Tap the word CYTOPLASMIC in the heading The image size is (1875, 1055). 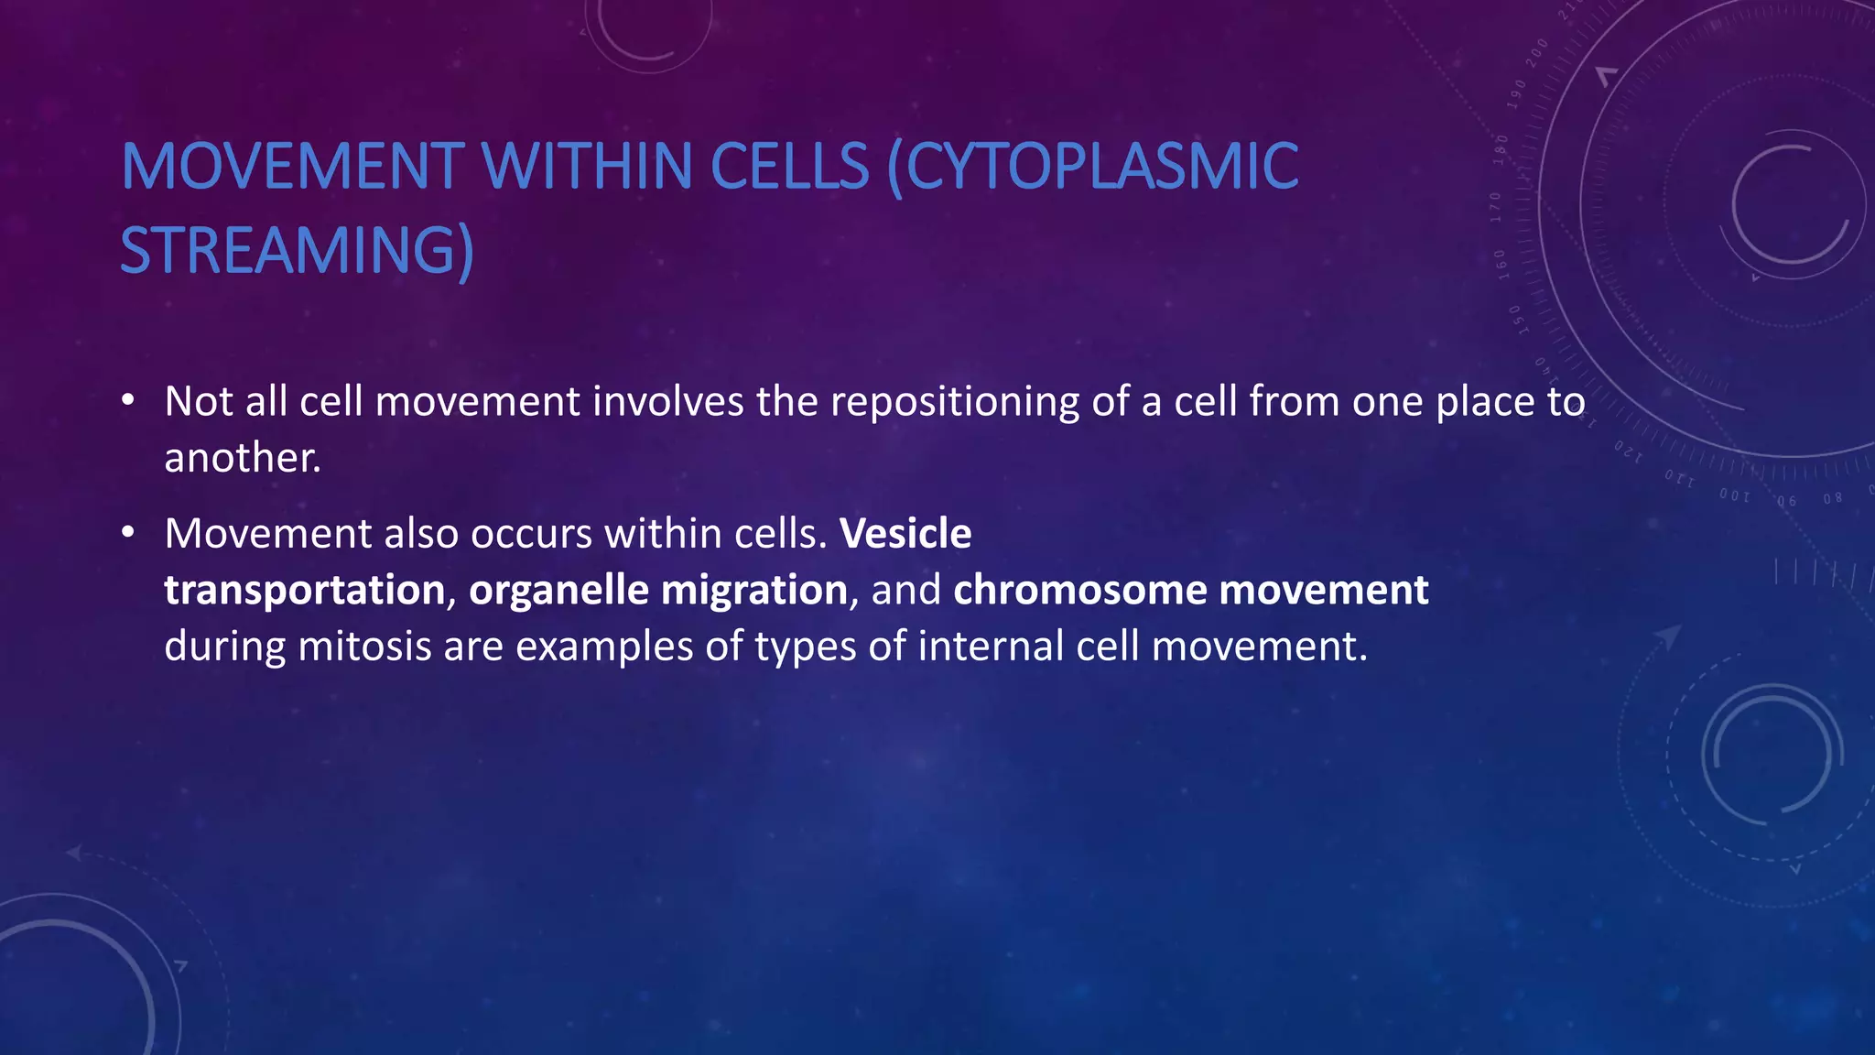pyautogui.click(x=1093, y=167)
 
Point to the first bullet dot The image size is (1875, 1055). pyautogui.click(x=128, y=400)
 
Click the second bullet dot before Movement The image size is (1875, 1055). pyautogui.click(x=128, y=532)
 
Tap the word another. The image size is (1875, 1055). pyautogui.click(x=242, y=458)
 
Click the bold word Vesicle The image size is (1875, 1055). pyautogui.click(x=905, y=533)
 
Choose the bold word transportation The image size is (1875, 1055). pyautogui.click(x=304, y=590)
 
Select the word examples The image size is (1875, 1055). pyautogui.click(x=604, y=647)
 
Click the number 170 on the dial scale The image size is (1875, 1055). pyautogui.click(x=1496, y=207)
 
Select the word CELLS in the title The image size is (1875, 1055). pyautogui.click(x=789, y=167)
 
